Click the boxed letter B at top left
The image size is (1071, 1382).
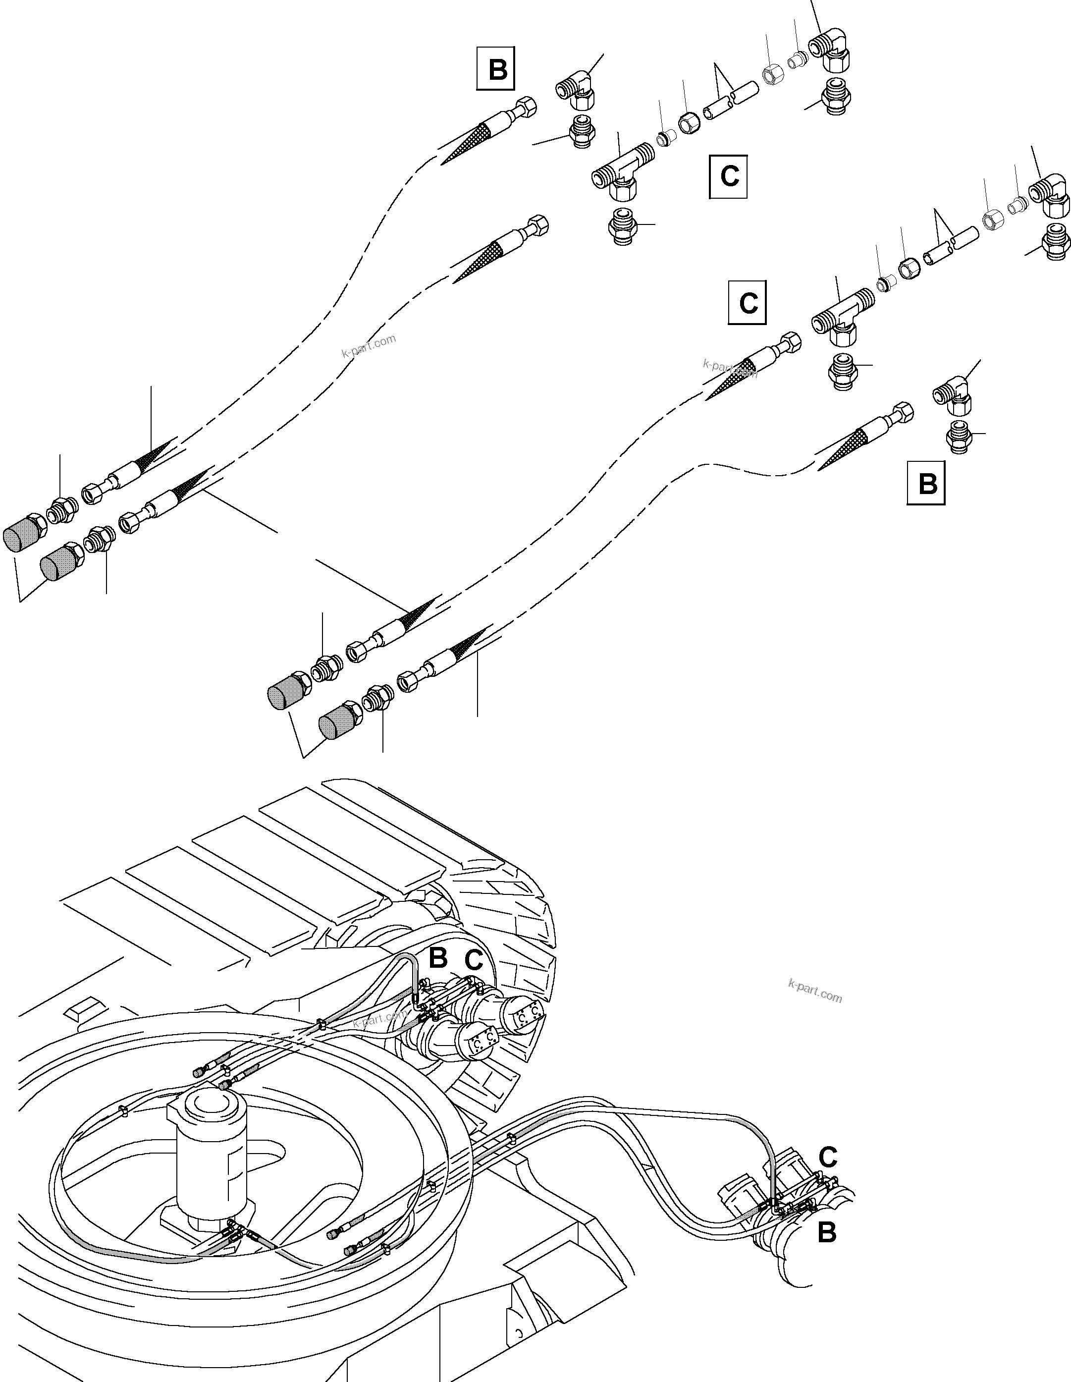coord(496,68)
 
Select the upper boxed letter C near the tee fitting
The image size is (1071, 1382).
coord(728,176)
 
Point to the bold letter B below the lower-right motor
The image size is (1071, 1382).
coord(826,1232)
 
